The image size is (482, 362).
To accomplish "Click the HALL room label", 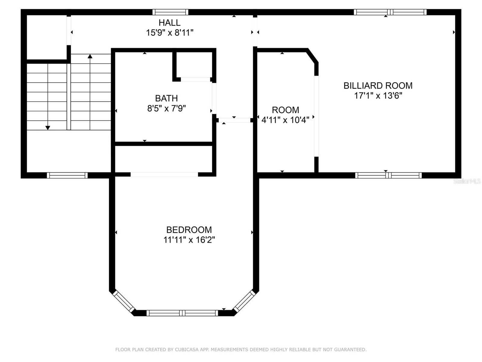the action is [170, 23].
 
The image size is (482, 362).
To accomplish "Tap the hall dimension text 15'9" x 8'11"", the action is [170, 33].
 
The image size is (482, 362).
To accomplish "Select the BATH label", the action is [167, 98].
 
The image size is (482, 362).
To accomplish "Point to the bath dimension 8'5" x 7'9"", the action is [167, 108].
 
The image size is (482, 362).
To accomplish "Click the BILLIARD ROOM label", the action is [378, 85].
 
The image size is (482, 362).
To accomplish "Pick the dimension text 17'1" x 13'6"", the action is [378, 96].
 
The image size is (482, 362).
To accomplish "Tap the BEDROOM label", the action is [189, 230].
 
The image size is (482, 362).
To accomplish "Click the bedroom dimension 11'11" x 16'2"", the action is [189, 240].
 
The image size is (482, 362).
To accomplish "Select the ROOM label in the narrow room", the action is [286, 110].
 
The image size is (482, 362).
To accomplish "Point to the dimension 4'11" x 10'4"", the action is [286, 120].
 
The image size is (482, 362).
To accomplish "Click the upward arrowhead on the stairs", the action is [90, 56].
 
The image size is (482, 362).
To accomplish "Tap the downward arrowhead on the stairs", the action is [48, 128].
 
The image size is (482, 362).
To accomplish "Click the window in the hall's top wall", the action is [171, 12].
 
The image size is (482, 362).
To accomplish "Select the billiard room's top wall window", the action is [390, 12].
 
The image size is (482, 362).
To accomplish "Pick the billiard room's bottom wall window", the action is [388, 175].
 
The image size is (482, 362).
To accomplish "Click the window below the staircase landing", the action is [67, 175].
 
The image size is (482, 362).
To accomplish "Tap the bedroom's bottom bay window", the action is [182, 313].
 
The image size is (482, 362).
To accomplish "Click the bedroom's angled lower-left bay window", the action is [123, 301].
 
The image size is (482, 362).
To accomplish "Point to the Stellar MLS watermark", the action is [467, 181].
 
